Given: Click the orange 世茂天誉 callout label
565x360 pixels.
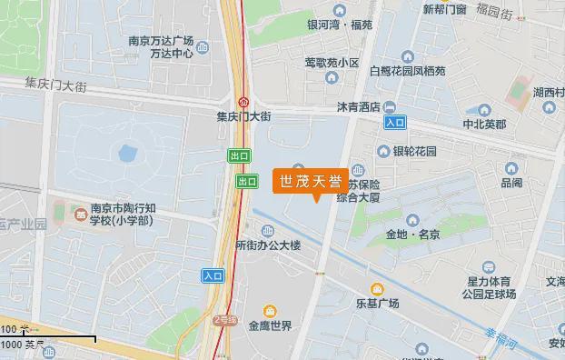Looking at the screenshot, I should click(310, 180).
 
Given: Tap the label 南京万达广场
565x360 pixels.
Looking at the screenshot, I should click(162, 40).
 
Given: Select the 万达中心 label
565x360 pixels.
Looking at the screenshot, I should click(172, 53).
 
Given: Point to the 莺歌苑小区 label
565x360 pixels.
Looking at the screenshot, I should click(332, 63).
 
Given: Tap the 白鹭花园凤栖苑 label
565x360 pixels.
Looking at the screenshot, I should click(408, 69).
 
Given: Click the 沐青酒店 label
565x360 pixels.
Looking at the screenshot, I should click(356, 107).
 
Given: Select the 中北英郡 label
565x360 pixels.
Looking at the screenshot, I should click(485, 124).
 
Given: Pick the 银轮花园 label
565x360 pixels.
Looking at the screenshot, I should click(415, 151).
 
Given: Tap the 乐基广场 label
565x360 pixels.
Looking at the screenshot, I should click(377, 303).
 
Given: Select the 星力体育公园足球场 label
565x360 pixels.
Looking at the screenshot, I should click(489, 288).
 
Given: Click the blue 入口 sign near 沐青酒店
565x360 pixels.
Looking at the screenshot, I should click(394, 121).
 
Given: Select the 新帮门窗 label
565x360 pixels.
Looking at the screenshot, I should click(445, 10).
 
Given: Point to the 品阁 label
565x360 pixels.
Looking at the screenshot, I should click(511, 183).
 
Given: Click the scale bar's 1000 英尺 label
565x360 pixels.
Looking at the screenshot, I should click(24, 345).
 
